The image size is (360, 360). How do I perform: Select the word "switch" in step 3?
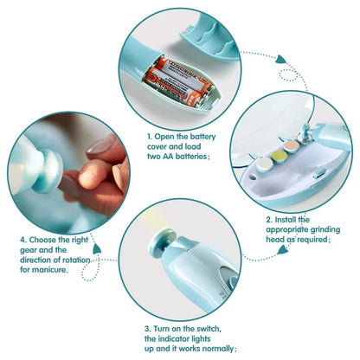[x=211, y=329]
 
